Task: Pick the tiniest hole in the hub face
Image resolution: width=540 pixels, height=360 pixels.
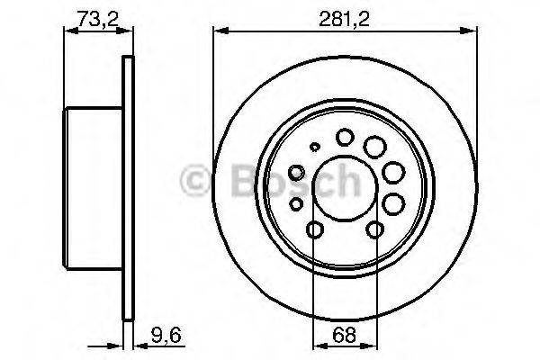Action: tap(314, 148)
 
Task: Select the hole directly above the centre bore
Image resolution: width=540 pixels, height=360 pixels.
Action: tap(345, 137)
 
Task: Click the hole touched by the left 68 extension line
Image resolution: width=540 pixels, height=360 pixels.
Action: tap(314, 231)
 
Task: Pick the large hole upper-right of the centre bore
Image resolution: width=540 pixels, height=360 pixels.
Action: tap(374, 145)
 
